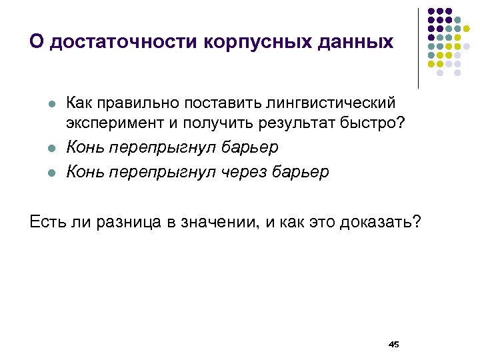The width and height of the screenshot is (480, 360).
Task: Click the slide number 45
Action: pyautogui.click(x=393, y=344)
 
